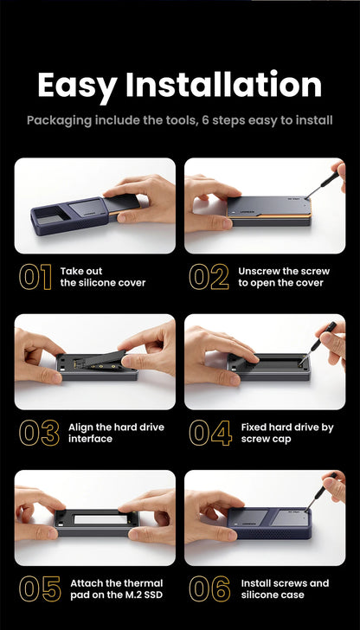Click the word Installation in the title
(224, 84)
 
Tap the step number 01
(35, 277)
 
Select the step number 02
(209, 277)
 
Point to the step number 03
(39, 433)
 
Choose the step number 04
(210, 433)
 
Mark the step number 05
(40, 588)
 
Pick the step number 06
(209, 588)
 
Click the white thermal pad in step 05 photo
(100, 519)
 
